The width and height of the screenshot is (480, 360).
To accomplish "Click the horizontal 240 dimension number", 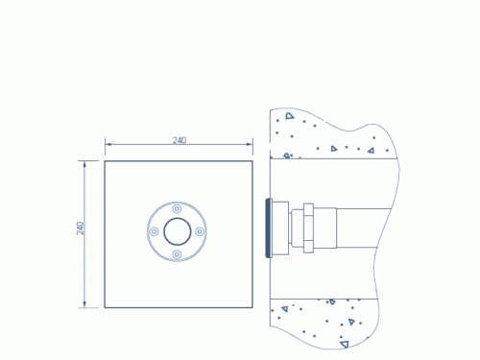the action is click(x=180, y=140).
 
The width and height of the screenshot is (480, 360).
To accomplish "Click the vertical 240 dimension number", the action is click(x=80, y=228).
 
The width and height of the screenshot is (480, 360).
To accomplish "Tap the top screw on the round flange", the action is click(x=177, y=209).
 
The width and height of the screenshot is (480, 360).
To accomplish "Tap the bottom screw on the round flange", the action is click(x=177, y=254).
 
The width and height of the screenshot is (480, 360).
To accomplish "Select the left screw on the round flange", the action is click(x=155, y=231).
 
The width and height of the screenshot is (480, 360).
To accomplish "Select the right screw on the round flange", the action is click(x=199, y=231).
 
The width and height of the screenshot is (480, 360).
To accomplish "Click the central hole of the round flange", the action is click(x=178, y=231).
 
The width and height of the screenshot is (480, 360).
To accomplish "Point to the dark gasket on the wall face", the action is click(x=268, y=228).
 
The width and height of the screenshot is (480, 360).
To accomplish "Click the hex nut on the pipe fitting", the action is click(x=308, y=228).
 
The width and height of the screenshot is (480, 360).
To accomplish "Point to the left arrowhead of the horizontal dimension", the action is click(x=108, y=144).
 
